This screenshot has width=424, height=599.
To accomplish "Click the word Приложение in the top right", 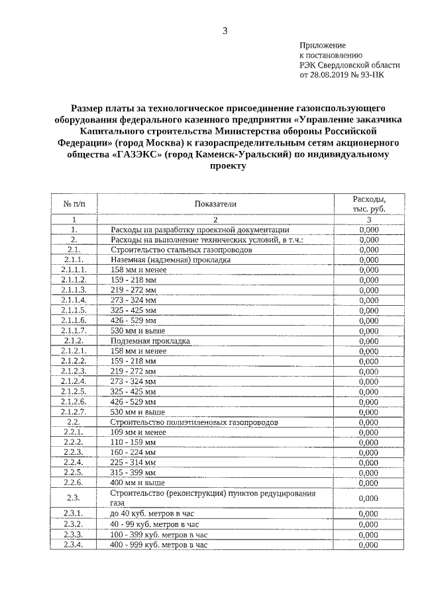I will tap(323, 44).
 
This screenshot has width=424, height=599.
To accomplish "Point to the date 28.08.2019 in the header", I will tap(329, 75).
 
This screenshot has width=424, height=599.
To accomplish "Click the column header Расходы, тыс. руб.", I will tap(368, 204).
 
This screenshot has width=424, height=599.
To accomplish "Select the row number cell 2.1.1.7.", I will tap(74, 330).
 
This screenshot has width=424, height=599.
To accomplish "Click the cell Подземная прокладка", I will tap(150, 342).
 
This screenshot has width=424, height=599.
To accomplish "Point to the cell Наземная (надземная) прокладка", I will tap(170, 261).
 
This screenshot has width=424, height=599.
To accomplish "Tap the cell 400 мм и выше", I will tap(137, 483).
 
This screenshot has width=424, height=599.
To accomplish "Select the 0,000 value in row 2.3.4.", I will tap(368, 545).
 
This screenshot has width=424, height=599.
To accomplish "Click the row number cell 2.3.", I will tap(74, 498).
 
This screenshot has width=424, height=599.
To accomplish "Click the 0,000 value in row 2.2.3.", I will tap(368, 453).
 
